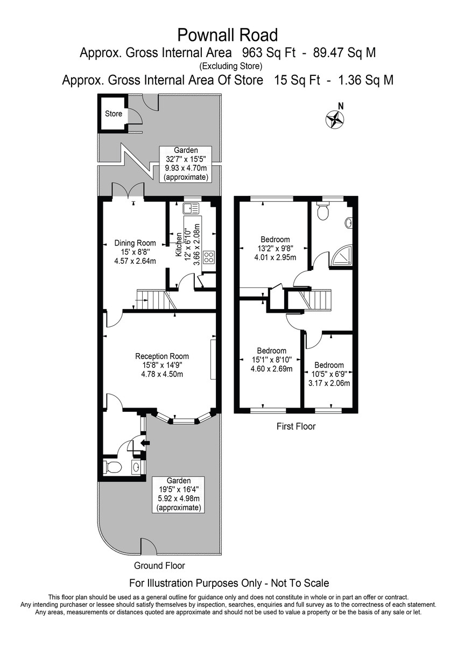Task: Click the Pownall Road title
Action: tap(228, 36)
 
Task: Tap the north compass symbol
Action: tap(335, 118)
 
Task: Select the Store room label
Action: tap(114, 114)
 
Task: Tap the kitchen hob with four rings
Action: tap(208, 258)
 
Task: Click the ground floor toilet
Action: tap(113, 467)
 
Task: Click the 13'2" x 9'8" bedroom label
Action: tap(275, 248)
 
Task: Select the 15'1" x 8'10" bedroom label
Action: tap(271, 360)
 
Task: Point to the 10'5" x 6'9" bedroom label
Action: tap(330, 374)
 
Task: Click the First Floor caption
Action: tap(296, 426)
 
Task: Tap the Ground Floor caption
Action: tap(159, 566)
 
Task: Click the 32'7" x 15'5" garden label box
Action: tap(186, 164)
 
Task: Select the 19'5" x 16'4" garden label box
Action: tap(178, 494)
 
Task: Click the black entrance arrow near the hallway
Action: tap(144, 443)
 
